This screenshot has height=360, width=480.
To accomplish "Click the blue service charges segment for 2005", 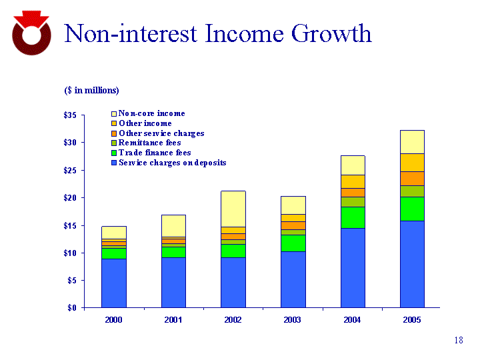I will point(412,264).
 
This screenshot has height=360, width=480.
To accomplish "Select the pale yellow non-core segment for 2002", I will point(233,209).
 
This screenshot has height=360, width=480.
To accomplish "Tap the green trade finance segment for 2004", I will point(352,217).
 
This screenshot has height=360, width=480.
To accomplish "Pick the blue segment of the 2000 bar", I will point(114,283).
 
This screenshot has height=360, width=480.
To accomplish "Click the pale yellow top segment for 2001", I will point(173,225).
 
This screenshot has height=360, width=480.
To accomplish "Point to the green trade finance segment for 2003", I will point(293,243).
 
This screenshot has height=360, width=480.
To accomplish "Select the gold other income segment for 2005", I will point(412,163).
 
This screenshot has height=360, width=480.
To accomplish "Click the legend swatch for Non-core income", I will point(113,114).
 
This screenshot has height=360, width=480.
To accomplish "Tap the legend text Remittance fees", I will point(149,143).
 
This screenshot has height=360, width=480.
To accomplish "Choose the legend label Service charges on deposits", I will point(172,163).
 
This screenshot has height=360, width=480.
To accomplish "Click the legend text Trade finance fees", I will point(154,153).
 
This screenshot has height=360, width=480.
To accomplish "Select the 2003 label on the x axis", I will point(293,321).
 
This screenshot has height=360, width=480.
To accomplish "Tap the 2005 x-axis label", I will point(412,321).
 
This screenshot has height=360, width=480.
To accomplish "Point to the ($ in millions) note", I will point(91,90).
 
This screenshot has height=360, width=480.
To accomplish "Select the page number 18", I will point(458,341).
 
